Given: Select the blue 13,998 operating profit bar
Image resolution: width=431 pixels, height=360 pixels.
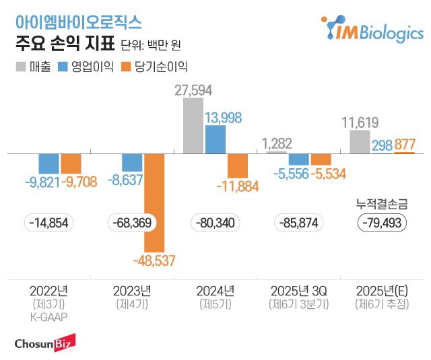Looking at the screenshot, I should pyautogui.click(x=215, y=139).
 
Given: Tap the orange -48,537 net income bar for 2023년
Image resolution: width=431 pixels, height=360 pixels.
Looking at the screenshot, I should pyautogui.click(x=154, y=203).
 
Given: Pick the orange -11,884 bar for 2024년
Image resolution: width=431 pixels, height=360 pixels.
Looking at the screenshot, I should pyautogui.click(x=237, y=166).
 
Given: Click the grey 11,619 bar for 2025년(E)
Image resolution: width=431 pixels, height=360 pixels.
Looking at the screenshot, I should pyautogui.click(x=360, y=142).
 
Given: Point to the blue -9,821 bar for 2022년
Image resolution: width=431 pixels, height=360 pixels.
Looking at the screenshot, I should pyautogui.click(x=48, y=163).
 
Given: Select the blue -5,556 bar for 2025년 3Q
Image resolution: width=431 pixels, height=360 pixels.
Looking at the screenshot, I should pyautogui.click(x=298, y=159).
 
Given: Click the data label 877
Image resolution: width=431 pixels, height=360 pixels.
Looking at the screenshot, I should pyautogui.click(x=405, y=145).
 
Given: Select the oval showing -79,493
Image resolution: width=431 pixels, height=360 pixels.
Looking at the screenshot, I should pyautogui.click(x=382, y=223).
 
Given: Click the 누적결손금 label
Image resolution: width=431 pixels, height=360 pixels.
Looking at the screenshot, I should pyautogui.click(x=382, y=204).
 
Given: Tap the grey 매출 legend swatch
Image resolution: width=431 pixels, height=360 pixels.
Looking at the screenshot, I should pyautogui.click(x=20, y=67).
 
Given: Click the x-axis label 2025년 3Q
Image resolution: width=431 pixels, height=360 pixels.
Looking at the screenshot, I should pyautogui.click(x=298, y=291).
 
